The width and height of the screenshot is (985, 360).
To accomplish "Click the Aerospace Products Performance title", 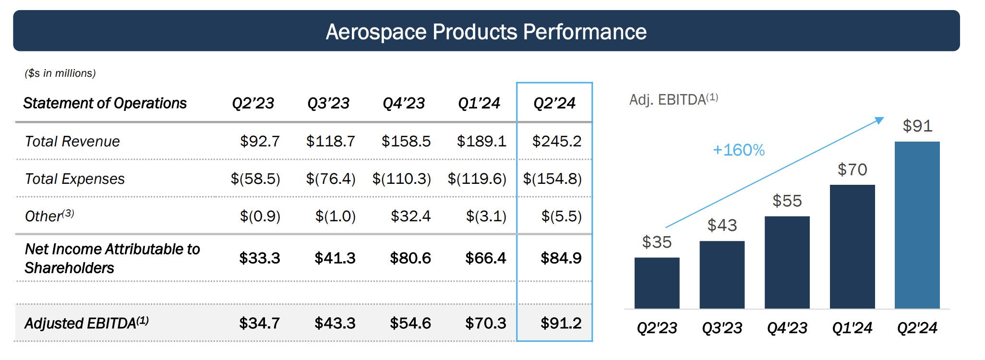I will (486, 32).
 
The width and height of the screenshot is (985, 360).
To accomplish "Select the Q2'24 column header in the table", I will (554, 103).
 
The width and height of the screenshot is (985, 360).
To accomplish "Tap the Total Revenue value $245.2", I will (557, 141).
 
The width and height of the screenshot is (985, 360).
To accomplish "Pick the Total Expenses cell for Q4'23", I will (402, 179).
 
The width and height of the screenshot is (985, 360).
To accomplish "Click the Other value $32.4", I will (410, 216).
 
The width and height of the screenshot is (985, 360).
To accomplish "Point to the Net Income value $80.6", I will (410, 258).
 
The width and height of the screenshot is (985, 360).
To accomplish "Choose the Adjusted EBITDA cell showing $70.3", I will (485, 323).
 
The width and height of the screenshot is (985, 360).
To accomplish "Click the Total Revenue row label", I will (72, 142).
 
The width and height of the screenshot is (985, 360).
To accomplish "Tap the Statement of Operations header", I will (105, 103).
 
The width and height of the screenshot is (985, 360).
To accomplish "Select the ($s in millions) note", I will (60, 73).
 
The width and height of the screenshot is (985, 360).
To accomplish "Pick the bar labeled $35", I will (657, 283).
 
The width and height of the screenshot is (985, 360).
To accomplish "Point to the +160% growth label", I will (738, 150).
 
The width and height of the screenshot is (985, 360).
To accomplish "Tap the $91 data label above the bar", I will (917, 126).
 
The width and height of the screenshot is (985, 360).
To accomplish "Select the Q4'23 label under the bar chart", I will (787, 328).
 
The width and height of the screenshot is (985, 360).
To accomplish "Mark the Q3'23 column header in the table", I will (328, 103).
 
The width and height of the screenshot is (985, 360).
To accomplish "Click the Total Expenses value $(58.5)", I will (255, 179).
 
